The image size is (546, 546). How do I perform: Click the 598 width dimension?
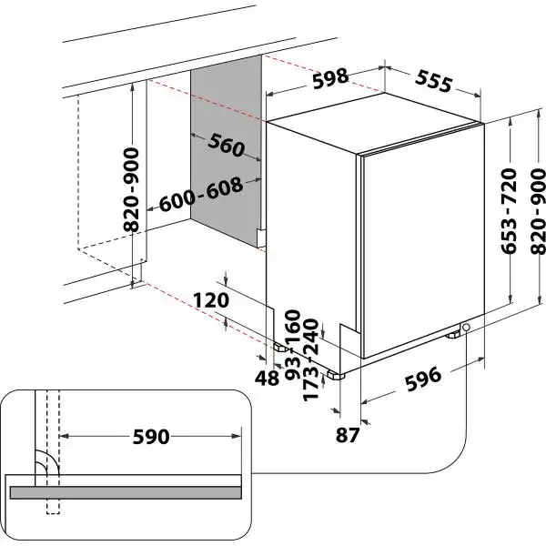330,78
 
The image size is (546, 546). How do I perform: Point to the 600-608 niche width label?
201,194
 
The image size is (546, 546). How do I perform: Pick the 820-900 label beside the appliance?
537,210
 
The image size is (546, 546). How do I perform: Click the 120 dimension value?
210,300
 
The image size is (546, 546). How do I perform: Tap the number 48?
268,377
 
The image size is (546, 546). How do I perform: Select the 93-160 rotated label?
292,345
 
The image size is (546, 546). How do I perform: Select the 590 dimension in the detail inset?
150,437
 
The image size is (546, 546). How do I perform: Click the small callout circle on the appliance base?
467,329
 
